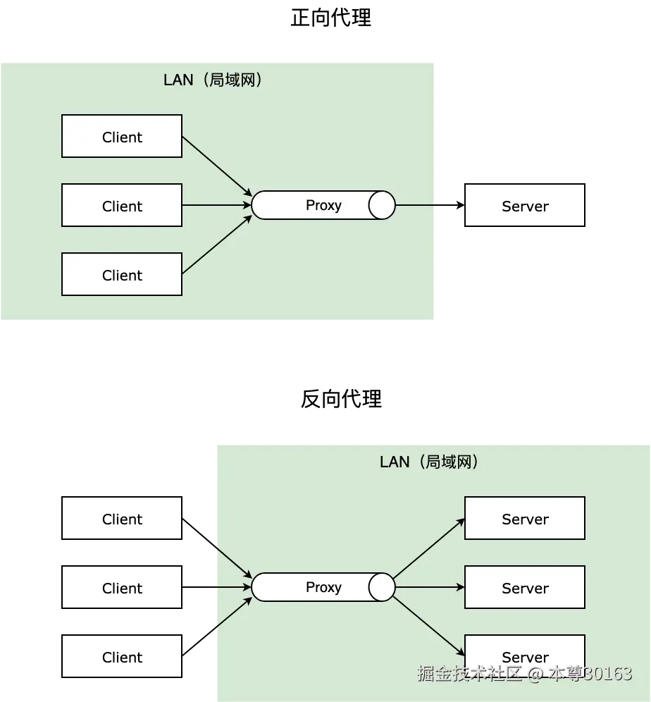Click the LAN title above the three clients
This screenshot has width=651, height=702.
(213, 80)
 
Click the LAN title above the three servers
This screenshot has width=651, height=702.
(429, 462)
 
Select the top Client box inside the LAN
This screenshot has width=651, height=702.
(122, 137)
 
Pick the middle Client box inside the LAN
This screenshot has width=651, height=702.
(122, 206)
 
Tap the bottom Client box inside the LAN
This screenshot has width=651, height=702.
(122, 275)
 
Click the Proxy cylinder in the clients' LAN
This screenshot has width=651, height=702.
(323, 205)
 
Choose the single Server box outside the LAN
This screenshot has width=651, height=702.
(525, 206)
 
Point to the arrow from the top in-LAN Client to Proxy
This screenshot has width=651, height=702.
(217, 166)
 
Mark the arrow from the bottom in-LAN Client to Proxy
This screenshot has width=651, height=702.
(217, 245)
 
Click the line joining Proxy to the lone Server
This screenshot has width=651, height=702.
(414, 206)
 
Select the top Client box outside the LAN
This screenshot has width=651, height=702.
(122, 519)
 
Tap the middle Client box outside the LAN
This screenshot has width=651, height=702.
(122, 588)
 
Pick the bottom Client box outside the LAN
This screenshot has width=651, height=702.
(122, 657)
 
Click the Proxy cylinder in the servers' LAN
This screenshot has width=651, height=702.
(323, 587)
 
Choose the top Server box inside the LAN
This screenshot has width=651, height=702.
(525, 519)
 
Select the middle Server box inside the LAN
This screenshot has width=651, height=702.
(525, 588)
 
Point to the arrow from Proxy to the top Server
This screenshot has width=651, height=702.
(428, 548)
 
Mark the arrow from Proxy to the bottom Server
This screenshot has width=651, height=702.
(428, 626)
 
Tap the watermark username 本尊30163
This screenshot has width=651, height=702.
(590, 675)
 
